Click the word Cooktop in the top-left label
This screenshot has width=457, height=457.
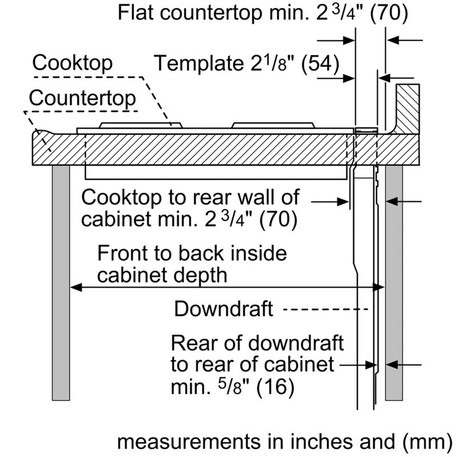(x=73, y=62)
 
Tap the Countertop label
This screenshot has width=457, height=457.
(x=83, y=98)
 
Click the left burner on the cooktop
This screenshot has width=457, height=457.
(x=135, y=125)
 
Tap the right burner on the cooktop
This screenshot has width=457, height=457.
(x=273, y=125)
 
